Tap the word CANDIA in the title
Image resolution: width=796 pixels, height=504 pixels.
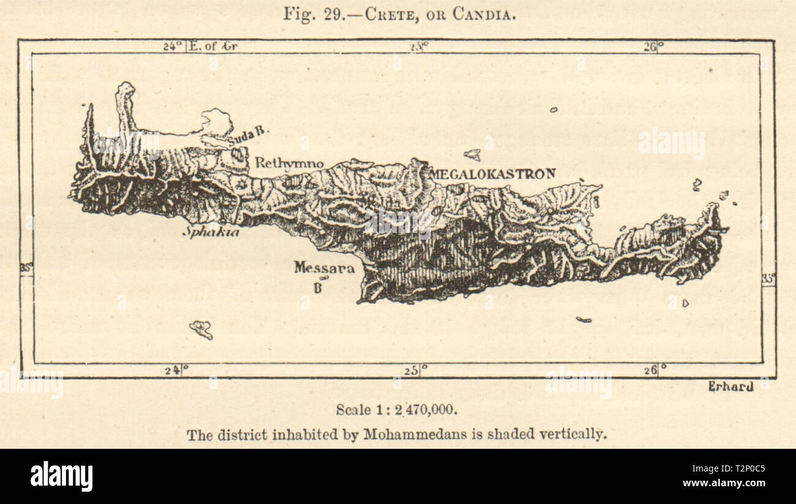(x=484, y=14)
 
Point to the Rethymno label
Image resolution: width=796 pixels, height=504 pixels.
(x=289, y=163)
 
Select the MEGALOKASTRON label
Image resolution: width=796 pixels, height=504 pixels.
(x=492, y=174)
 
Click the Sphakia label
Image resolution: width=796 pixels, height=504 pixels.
(x=211, y=232)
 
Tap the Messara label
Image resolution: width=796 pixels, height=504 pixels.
(x=324, y=268)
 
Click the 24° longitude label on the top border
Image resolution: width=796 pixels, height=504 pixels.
(x=173, y=46)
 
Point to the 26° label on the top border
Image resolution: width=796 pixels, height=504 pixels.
(x=653, y=46)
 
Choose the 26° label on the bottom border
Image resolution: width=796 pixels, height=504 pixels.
(x=653, y=370)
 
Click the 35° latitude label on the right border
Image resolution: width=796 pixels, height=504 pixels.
(x=768, y=278)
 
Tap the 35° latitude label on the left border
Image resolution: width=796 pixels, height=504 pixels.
(x=26, y=267)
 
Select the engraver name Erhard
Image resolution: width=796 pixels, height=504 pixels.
(x=730, y=386)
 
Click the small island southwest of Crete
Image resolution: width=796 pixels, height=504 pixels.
(x=201, y=329)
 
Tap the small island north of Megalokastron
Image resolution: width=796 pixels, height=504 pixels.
(x=472, y=155)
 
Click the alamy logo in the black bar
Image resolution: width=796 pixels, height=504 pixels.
(x=61, y=476)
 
